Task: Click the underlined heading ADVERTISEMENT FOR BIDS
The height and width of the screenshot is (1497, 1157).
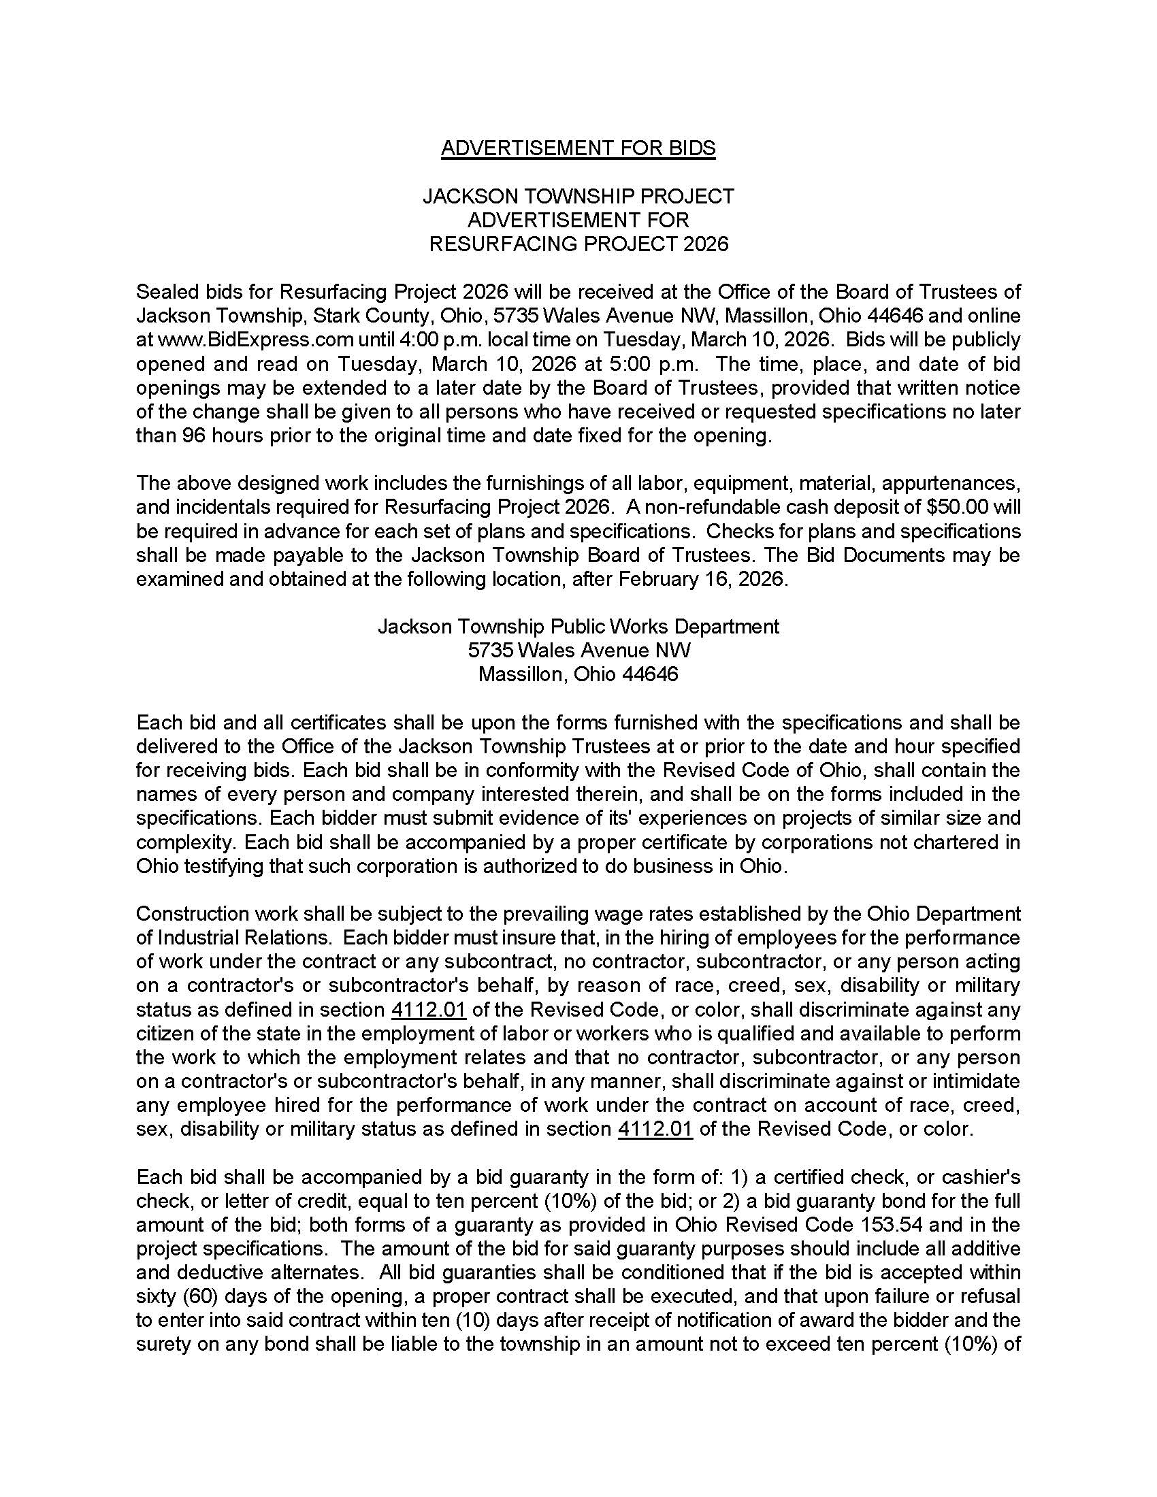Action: click(x=578, y=148)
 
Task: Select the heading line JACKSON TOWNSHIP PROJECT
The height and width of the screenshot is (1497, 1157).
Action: click(x=578, y=197)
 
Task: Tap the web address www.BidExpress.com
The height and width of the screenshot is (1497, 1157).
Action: click(x=257, y=340)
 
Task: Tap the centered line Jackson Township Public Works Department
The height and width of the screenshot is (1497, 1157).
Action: click(x=578, y=627)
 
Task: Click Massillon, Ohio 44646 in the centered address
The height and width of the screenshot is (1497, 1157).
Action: click(x=578, y=674)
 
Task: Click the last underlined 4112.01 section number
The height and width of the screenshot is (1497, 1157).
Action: click(x=655, y=1129)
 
